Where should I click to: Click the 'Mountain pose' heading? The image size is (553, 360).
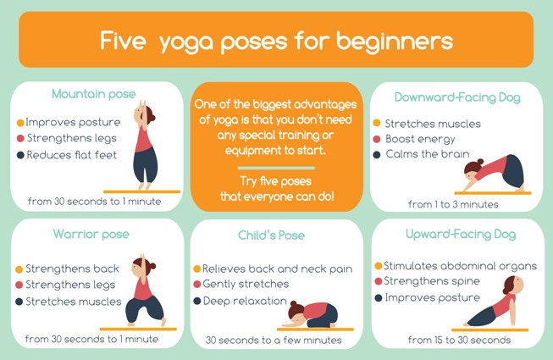click(x=94, y=94)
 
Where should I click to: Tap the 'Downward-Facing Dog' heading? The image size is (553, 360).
click(x=457, y=97)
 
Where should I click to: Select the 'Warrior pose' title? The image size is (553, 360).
click(x=91, y=234)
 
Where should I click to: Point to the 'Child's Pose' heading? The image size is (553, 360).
click(x=271, y=235)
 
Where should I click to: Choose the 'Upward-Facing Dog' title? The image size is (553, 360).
click(x=461, y=234)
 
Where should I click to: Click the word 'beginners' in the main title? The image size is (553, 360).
click(x=395, y=42)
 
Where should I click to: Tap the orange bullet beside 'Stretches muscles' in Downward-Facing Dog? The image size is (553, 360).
click(x=377, y=123)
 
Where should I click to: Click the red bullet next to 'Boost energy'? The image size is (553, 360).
click(x=377, y=139)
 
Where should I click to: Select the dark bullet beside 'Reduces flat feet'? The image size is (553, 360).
click(x=20, y=155)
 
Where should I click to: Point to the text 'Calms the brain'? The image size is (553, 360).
click(x=428, y=154)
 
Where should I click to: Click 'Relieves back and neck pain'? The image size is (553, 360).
click(x=277, y=269)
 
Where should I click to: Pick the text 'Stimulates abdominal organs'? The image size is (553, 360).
click(x=460, y=266)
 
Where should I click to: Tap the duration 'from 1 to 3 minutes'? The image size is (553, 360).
click(x=453, y=204)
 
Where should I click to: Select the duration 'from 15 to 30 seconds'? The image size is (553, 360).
click(x=459, y=341)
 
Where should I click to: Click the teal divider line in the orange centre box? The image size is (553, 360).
click(x=276, y=168)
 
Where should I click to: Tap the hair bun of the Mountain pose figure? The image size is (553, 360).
click(x=152, y=119)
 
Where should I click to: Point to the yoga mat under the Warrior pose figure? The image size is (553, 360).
click(x=138, y=329)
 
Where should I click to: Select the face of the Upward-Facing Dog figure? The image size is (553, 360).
click(x=517, y=283)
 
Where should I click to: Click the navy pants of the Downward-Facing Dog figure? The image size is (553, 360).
click(x=513, y=171)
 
